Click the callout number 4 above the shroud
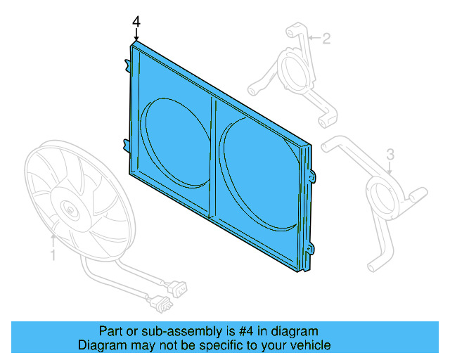(x=136, y=22)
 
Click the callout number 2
(x=326, y=39)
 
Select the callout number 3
(x=391, y=154)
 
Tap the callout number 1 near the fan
(x=53, y=255)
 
